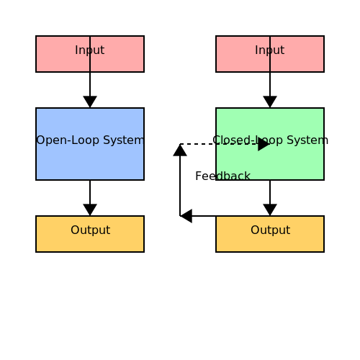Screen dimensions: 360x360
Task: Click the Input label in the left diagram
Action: pyautogui.click(x=90, y=50)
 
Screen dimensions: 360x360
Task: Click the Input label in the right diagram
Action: pyautogui.click(x=270, y=50)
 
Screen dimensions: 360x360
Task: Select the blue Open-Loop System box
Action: pyautogui.click(x=90, y=144)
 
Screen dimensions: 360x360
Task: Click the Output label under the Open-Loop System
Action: pyautogui.click(x=91, y=230)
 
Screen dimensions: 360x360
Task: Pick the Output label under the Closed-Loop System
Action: pyautogui.click(x=271, y=230)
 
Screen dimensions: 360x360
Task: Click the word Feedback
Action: pyautogui.click(x=222, y=176)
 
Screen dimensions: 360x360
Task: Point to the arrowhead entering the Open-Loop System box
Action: pyautogui.click(x=90, y=102)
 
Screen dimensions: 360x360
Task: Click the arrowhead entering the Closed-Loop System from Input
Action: pyautogui.click(x=270, y=102)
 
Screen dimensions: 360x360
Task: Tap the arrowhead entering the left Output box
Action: pyautogui.click(x=90, y=210)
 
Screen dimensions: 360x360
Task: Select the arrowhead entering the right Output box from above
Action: pyautogui.click(x=270, y=210)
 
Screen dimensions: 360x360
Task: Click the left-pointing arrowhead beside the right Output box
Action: pyautogui.click(x=186, y=216)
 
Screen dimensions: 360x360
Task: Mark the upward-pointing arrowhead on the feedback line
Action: pyautogui.click(x=180, y=150)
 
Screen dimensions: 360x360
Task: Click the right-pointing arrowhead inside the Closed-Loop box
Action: pyautogui.click(x=264, y=144)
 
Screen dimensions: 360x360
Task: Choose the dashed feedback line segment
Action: pyautogui.click(x=219, y=144)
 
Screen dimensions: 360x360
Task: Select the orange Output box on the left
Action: pyautogui.click(x=90, y=234)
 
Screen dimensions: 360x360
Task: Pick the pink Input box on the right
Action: pyautogui.click(x=270, y=54)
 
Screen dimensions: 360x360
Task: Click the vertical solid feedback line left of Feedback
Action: pyautogui.click(x=180, y=186)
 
